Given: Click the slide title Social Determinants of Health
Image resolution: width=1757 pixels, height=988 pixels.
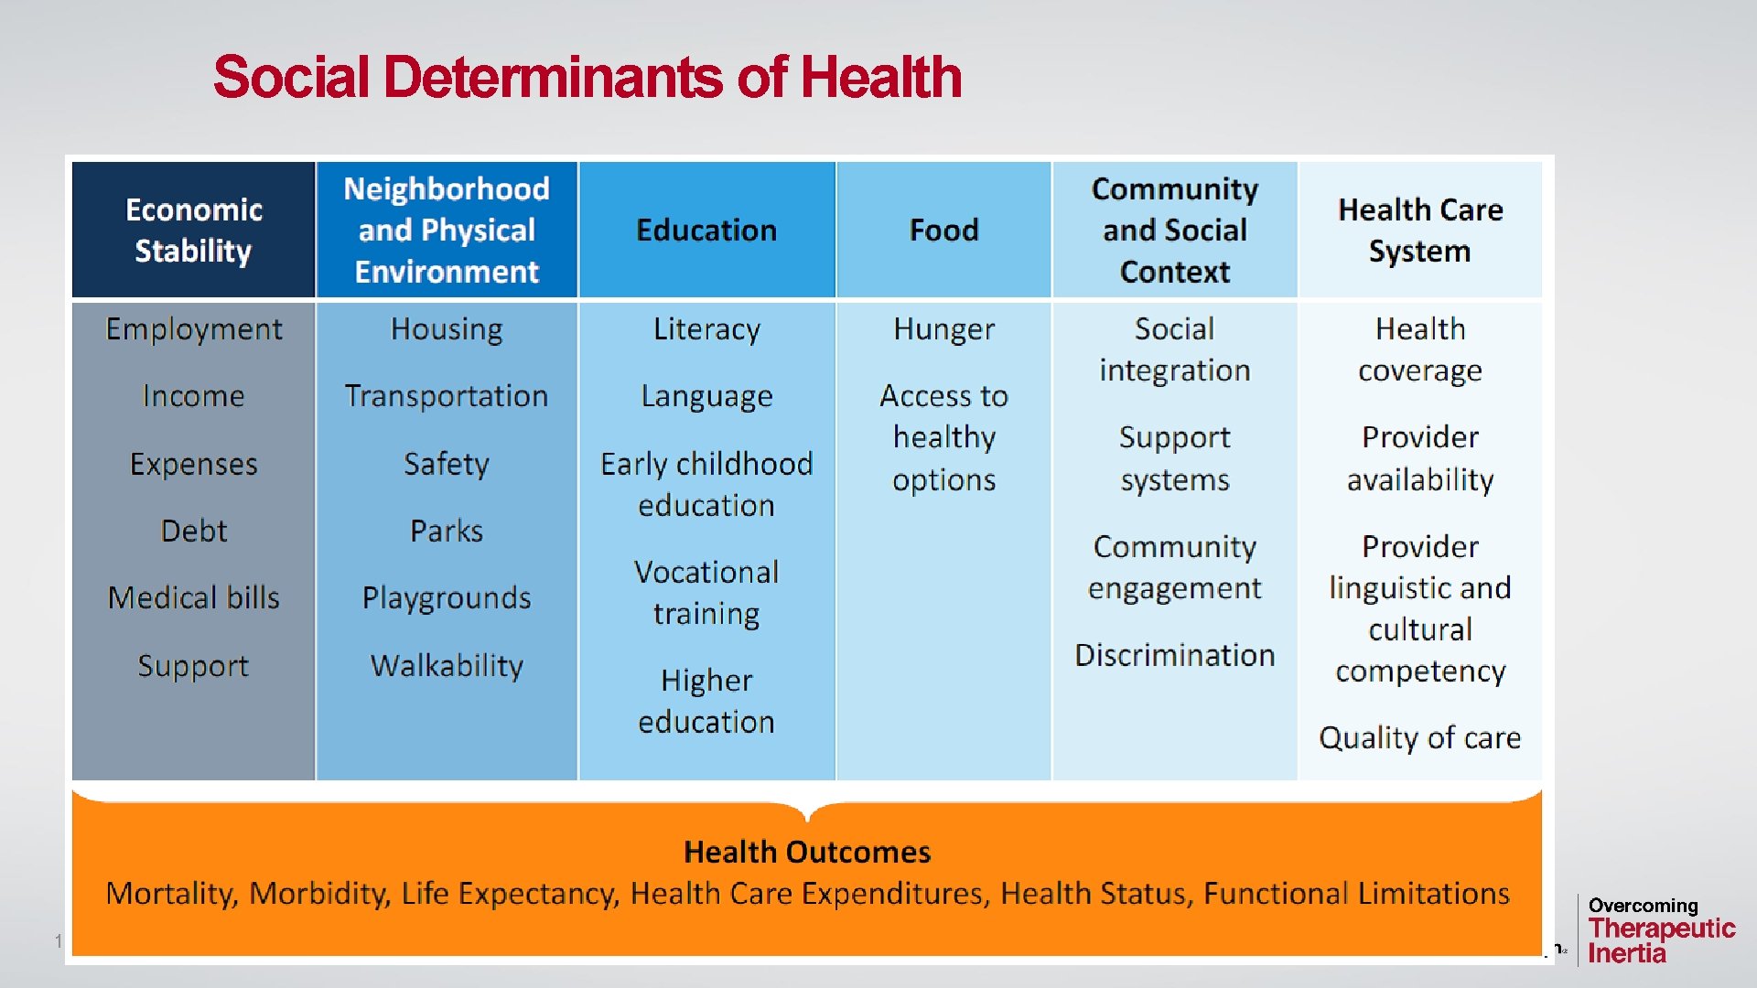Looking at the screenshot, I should click(x=587, y=77).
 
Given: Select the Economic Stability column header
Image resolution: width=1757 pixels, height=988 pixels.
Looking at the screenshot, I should click(x=193, y=231).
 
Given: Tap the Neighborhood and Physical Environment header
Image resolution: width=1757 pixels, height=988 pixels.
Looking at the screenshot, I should click(x=447, y=231).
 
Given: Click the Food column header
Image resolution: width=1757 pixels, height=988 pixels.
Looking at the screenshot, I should click(x=943, y=231).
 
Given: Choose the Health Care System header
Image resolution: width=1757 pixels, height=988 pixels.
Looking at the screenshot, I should click(x=1419, y=231).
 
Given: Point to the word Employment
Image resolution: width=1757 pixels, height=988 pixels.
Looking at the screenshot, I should click(x=193, y=329).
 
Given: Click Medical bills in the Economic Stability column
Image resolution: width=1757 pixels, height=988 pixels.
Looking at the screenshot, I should click(x=193, y=598).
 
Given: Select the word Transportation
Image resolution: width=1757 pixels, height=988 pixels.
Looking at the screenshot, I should click(x=447, y=396).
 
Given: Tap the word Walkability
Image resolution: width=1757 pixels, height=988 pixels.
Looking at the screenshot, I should click(x=447, y=666).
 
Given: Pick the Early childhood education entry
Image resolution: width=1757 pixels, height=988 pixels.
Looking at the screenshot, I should click(x=706, y=485).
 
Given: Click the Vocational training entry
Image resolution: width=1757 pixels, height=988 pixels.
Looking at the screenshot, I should click(x=706, y=593).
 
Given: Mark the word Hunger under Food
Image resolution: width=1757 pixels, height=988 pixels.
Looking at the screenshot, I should click(x=943, y=329).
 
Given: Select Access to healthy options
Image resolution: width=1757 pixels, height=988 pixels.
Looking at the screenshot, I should click(x=943, y=437).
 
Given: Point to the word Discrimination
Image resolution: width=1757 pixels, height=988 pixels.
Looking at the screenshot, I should click(x=1174, y=656).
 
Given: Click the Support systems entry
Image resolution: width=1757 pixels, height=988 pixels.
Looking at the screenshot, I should click(x=1174, y=458).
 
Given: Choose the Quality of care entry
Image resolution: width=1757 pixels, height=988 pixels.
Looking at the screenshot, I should click(x=1419, y=738).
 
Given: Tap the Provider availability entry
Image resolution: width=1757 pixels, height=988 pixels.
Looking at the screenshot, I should click(x=1419, y=458).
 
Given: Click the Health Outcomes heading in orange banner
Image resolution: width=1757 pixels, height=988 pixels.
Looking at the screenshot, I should click(x=807, y=853).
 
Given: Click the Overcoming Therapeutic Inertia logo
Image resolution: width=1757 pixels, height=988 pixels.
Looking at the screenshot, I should click(x=1660, y=930).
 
